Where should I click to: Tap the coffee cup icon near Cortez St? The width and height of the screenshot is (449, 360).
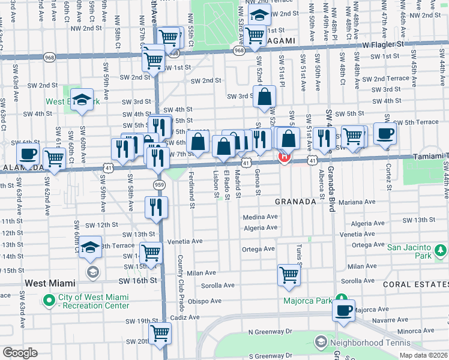coord(385,133)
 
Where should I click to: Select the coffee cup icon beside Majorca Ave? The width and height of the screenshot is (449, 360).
coord(344,310)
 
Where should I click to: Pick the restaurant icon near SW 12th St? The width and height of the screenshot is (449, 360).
coord(155,208)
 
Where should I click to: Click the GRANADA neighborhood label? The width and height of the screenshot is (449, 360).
coord(295,202)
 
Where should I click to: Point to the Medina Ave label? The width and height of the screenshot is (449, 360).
coord(260,217)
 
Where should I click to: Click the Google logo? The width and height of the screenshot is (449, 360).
coord(20,352)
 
